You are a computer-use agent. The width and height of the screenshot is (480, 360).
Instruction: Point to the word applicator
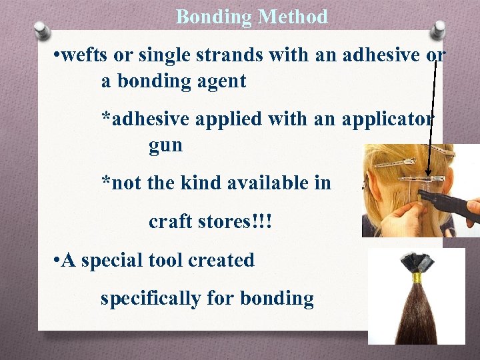point(387,120)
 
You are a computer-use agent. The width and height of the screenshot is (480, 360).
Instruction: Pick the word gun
point(165,146)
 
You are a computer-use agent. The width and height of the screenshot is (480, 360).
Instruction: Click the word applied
point(231,120)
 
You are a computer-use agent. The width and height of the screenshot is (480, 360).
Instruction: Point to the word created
point(222,260)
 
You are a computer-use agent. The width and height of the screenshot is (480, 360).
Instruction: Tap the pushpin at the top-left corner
point(42,29)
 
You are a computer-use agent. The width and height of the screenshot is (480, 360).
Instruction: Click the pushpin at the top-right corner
point(438,29)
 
